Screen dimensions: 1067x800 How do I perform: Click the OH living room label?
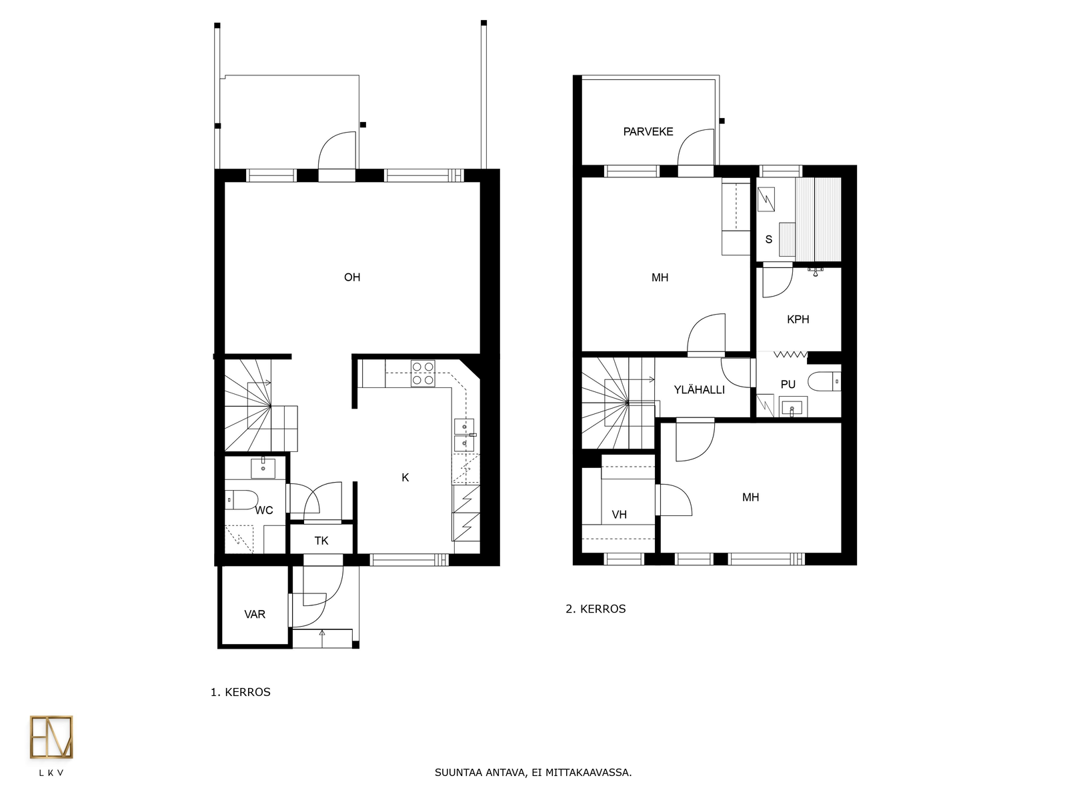[352, 277]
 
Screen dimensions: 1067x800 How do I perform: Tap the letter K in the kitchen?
[405, 477]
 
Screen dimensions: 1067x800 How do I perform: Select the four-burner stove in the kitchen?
[422, 373]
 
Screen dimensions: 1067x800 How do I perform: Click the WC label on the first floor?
[264, 510]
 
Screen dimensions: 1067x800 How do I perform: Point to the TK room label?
[321, 541]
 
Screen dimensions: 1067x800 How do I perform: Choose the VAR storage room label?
[255, 615]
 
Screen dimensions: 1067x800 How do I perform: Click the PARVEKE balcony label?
[648, 131]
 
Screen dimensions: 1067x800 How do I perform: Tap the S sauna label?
[768, 239]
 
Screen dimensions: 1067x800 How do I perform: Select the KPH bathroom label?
[798, 319]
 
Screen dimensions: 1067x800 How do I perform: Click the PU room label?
[788, 384]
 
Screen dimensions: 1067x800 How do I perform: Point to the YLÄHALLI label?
[699, 389]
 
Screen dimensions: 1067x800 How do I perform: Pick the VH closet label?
[619, 515]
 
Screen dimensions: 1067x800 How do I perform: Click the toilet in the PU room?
[824, 381]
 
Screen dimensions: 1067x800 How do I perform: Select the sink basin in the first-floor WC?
[263, 469]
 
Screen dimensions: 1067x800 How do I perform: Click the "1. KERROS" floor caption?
[240, 692]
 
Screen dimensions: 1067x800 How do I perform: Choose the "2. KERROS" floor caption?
[596, 609]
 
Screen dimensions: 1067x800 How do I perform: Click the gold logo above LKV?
[51, 737]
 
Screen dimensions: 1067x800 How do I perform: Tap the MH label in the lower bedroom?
[750, 497]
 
